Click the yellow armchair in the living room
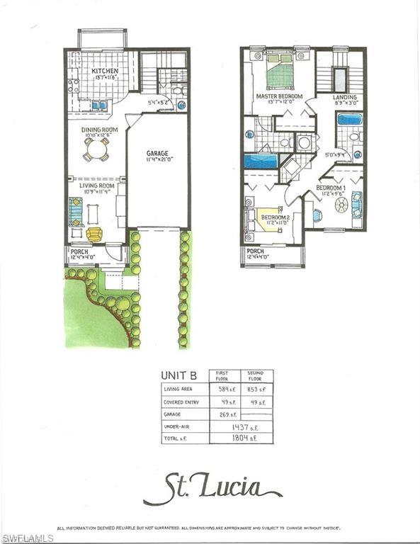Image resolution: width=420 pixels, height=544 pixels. pyautogui.click(x=94, y=234)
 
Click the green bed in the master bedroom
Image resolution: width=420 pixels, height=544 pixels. pyautogui.click(x=279, y=73)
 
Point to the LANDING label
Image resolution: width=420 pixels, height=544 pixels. pyautogui.click(x=346, y=97)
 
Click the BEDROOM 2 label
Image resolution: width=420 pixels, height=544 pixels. pyautogui.click(x=275, y=217)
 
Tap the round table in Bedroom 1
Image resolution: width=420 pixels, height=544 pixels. pyautogui.click(x=341, y=205)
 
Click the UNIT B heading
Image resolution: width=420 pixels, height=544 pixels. pyautogui.click(x=177, y=377)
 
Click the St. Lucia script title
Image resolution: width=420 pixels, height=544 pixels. pyautogui.click(x=212, y=488)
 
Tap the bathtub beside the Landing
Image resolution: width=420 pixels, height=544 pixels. pyautogui.click(x=349, y=118)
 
